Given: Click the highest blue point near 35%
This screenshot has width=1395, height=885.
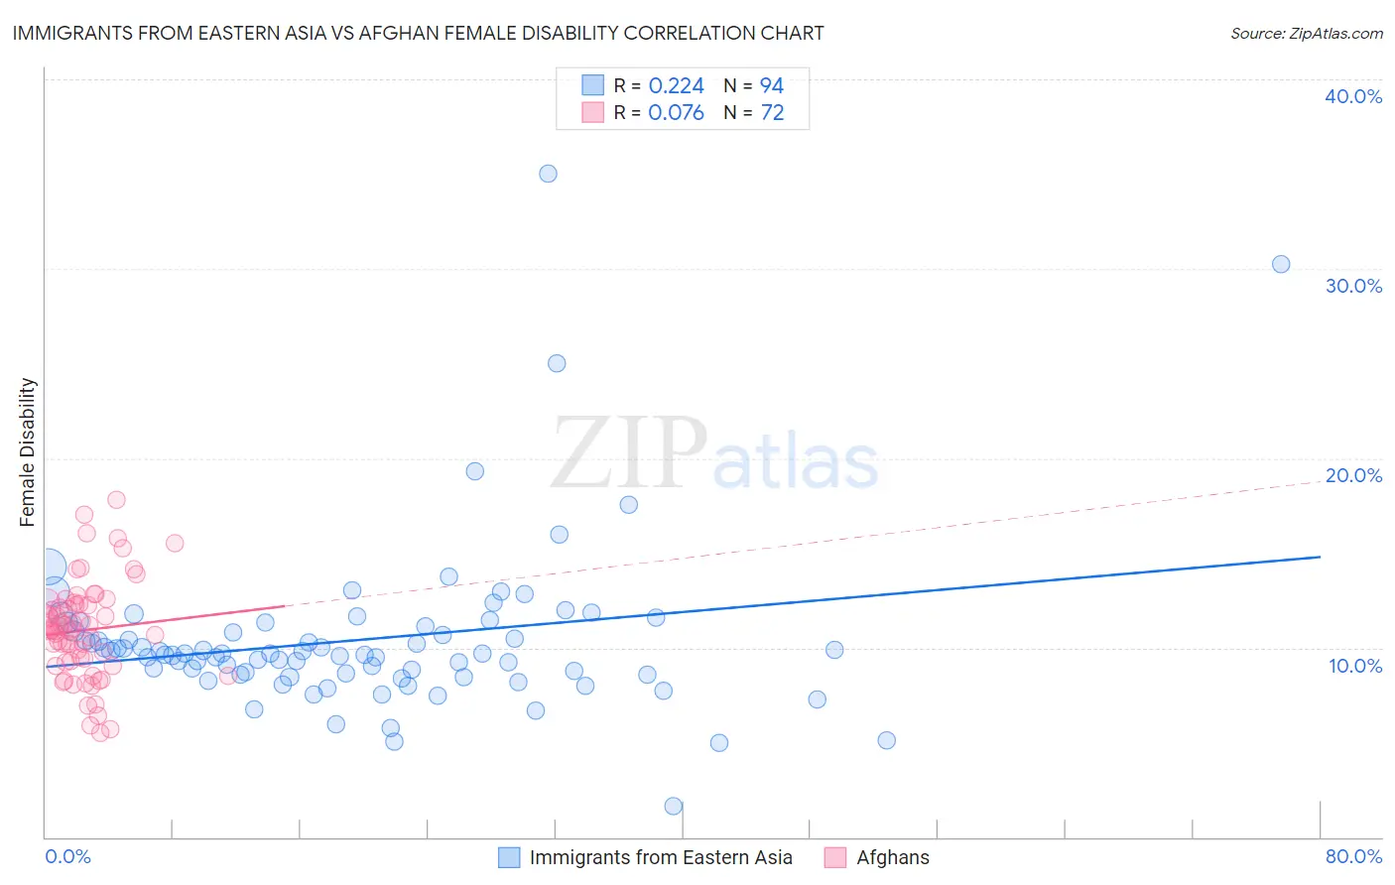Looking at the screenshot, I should point(548,174).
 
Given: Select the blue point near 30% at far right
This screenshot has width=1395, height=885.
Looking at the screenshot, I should point(1281,264).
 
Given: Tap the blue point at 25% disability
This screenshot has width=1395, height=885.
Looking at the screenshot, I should point(557,363).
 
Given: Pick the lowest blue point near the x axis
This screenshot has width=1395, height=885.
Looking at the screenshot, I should point(674,806).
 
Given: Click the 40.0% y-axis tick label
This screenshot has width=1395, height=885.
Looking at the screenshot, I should point(1353,96).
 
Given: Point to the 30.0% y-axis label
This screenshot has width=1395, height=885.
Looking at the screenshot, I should point(1353,286).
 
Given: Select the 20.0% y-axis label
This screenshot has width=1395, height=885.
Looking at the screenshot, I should point(1353,475).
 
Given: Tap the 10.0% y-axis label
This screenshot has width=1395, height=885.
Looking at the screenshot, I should point(1355,666).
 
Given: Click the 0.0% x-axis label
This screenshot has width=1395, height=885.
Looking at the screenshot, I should point(67,856).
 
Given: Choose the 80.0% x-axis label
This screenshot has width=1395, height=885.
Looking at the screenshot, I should point(1353,856).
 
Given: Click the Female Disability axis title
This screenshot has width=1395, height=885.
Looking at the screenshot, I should point(28,451).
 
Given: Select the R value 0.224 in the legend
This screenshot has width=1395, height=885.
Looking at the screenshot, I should point(676,86).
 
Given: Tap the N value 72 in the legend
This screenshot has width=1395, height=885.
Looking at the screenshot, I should point(772,113).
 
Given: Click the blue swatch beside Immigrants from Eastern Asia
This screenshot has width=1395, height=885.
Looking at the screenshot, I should point(509,857).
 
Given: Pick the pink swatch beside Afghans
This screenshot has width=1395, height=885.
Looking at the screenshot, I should point(835,857).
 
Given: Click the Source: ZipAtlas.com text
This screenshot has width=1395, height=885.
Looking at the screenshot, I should point(1306,34).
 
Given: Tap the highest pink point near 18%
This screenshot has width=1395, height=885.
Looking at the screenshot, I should point(116,500).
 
